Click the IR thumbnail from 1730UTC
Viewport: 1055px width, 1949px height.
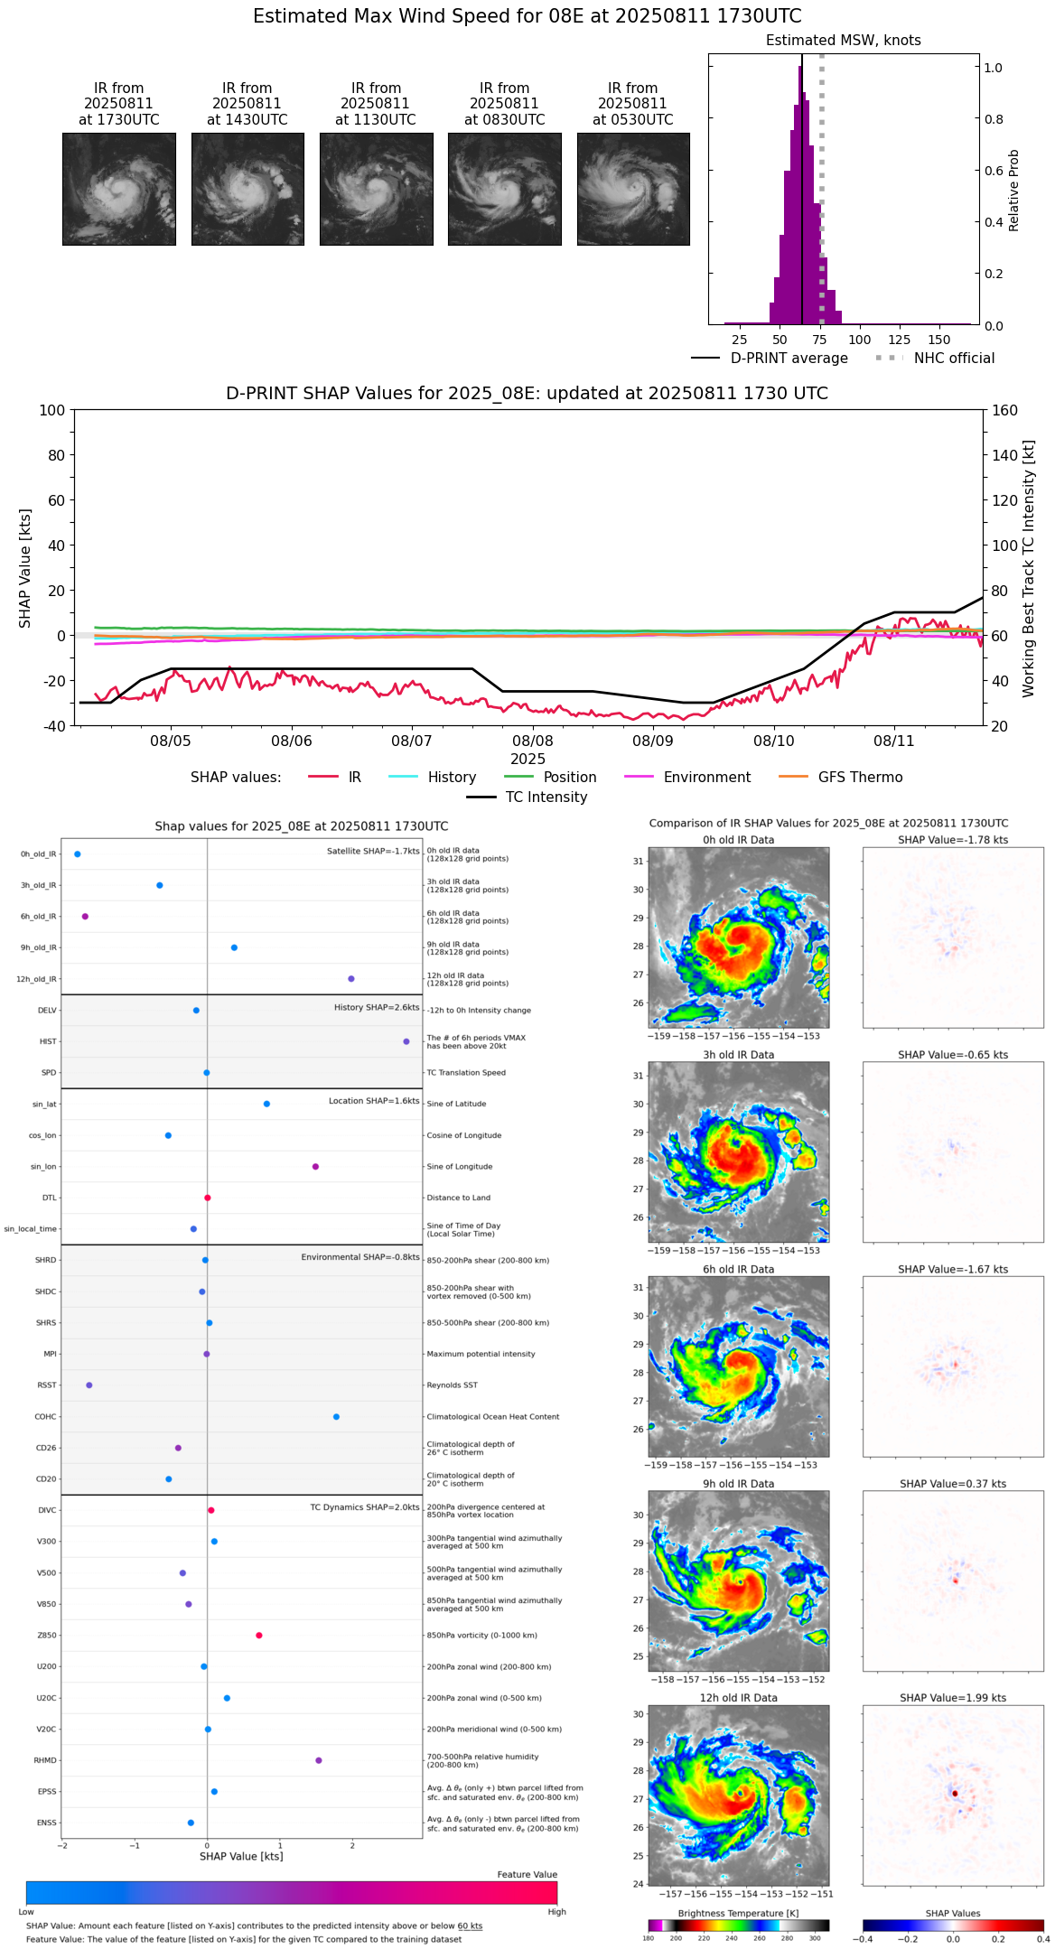[x=118, y=189]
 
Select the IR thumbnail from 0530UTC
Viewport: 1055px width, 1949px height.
[x=633, y=189]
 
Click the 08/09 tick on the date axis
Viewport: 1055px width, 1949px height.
[x=652, y=741]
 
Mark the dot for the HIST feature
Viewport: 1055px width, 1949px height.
[x=406, y=1041]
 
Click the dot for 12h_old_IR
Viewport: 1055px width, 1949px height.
[x=351, y=979]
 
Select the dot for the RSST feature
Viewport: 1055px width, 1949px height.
[x=89, y=1385]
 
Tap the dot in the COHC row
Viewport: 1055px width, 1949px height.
[x=336, y=1417]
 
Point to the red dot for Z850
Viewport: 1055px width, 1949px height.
[x=259, y=1636]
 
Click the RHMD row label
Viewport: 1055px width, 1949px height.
[x=45, y=1760]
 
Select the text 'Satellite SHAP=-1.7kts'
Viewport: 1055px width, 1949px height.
[x=373, y=851]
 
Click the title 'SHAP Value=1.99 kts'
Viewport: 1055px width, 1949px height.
[x=953, y=1698]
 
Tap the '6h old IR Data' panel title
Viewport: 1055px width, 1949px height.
[x=738, y=1269]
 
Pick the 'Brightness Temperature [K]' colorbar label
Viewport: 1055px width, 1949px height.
[x=738, y=1913]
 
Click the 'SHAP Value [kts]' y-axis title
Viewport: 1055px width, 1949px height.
[x=25, y=568]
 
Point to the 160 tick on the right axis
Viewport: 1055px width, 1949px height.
[x=1005, y=410]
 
